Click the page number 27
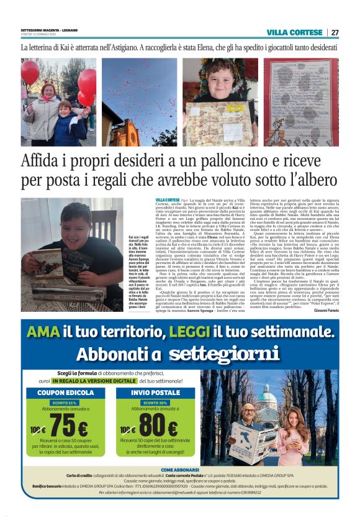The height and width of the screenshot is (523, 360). click(335, 32)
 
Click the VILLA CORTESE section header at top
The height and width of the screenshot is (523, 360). click(295, 32)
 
